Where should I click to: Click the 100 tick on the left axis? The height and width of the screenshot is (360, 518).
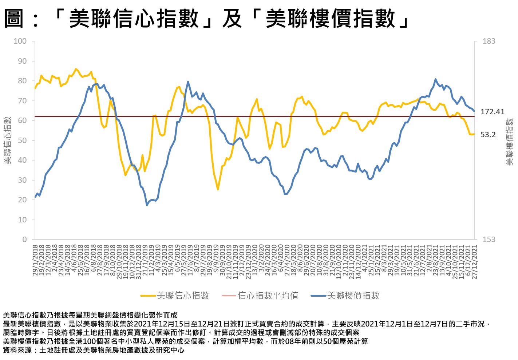(x=20, y=41)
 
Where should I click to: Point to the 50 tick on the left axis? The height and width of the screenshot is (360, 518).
(x=22, y=141)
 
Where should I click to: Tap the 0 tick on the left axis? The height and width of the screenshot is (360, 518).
(x=24, y=240)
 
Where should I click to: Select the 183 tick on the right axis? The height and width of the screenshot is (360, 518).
(x=489, y=41)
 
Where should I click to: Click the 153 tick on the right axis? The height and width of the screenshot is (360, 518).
(x=489, y=240)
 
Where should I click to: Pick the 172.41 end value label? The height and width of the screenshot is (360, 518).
(x=492, y=112)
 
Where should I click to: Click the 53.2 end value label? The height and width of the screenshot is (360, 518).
(x=488, y=135)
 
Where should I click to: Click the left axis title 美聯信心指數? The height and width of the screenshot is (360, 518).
(x=8, y=141)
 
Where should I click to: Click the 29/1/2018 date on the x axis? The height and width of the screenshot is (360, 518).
(x=35, y=260)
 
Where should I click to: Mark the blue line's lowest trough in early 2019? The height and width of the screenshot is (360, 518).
(x=147, y=205)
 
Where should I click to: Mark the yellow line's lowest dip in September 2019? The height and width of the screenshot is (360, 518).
(x=218, y=190)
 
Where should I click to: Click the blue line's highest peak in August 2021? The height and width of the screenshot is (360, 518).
(x=435, y=79)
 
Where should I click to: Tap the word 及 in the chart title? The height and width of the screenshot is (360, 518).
(x=232, y=18)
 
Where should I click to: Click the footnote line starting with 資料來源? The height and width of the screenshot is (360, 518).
(x=94, y=350)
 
